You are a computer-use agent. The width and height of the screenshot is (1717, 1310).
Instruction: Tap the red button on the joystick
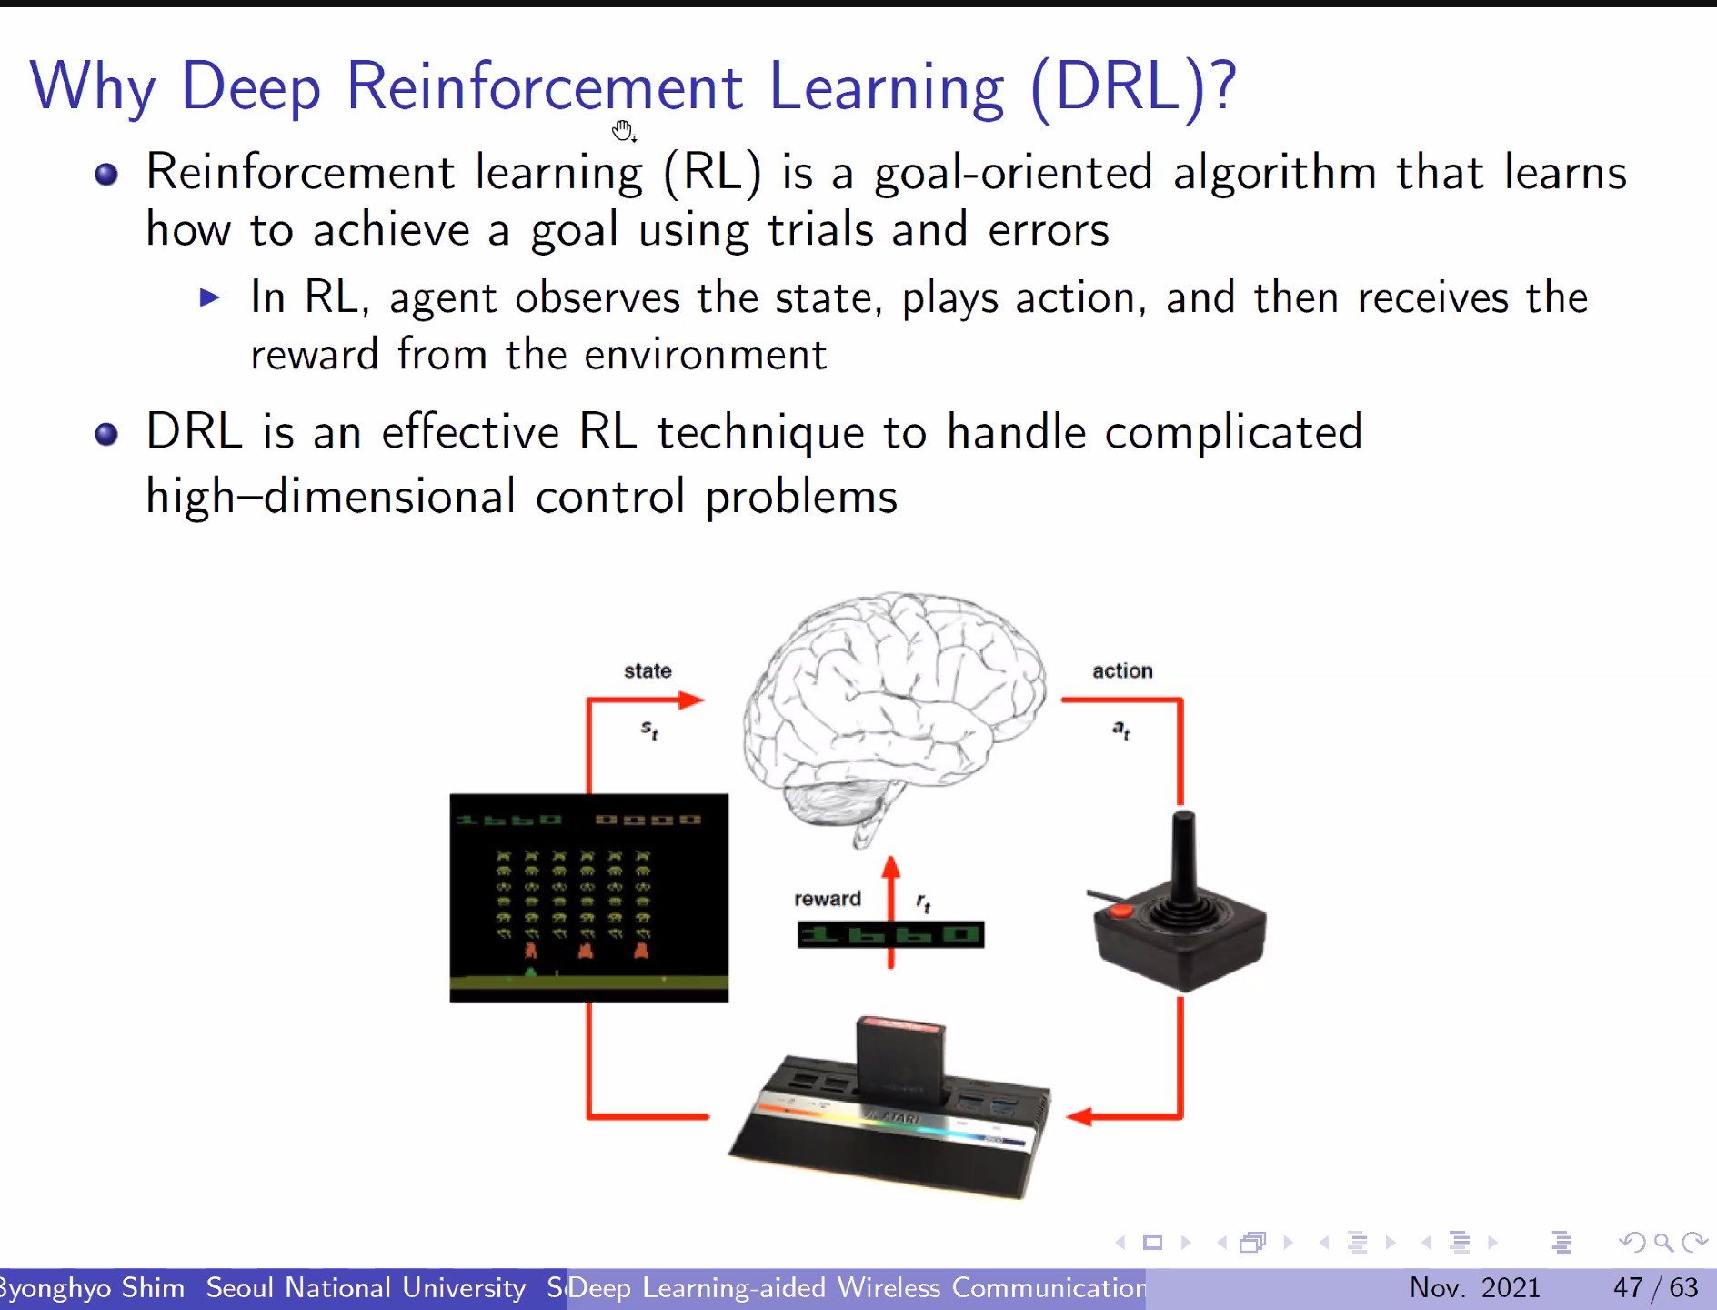click(1121, 910)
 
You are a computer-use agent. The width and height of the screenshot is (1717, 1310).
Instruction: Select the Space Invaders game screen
click(589, 898)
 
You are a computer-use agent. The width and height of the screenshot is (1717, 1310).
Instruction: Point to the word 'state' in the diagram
click(648, 670)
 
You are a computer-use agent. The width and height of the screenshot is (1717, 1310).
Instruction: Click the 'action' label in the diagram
click(1122, 670)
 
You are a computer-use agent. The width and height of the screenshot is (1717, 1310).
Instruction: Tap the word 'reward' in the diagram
click(827, 899)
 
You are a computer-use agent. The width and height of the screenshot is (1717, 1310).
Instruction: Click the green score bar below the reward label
click(890, 934)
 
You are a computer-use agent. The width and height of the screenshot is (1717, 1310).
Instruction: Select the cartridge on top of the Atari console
click(900, 1055)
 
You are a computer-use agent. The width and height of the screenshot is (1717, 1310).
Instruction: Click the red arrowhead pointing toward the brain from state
click(691, 700)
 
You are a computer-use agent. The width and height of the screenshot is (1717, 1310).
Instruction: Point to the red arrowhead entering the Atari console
click(1079, 1116)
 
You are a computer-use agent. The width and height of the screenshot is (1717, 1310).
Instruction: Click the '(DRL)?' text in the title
click(1133, 87)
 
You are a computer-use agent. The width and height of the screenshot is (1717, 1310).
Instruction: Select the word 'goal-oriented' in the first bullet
click(1013, 173)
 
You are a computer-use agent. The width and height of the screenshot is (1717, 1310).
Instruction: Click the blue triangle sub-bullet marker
click(210, 297)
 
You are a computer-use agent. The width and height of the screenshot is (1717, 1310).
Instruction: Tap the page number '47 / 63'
click(1655, 1287)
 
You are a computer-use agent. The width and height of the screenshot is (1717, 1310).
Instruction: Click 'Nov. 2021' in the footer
click(1474, 1287)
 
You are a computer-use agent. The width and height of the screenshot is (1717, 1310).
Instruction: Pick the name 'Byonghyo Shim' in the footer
click(91, 1287)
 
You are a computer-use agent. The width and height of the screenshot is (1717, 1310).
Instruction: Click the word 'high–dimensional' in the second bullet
click(331, 497)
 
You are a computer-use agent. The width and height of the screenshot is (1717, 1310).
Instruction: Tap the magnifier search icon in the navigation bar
click(1663, 1242)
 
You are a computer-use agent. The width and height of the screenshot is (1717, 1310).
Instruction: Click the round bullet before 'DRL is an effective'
click(106, 434)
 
